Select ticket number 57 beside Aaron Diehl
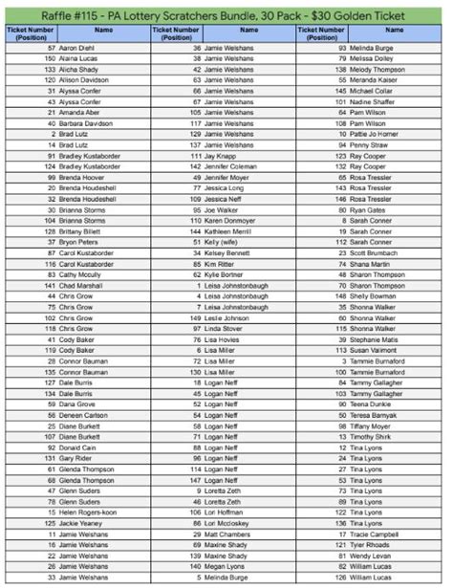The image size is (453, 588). [49, 46]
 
